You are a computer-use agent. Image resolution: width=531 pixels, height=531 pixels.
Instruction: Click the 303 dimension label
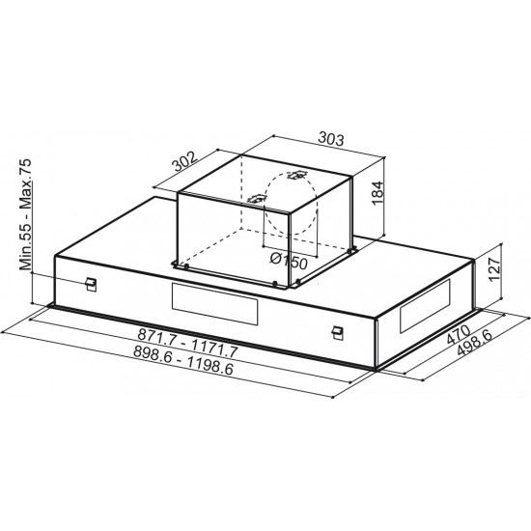331,138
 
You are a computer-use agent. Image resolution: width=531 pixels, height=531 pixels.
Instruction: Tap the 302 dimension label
185,161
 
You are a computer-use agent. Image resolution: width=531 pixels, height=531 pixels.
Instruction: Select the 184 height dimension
377,193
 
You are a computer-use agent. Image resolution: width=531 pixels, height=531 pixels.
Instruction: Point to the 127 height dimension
494,269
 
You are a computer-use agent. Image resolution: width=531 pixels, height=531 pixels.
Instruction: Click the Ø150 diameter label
289,261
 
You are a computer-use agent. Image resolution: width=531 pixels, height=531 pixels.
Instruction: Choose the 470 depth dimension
459,334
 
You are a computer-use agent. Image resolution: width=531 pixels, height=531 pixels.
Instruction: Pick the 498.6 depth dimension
475,343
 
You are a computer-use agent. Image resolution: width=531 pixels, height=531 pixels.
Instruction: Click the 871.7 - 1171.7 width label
187,343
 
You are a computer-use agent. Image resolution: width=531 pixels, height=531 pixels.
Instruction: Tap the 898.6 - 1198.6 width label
183,360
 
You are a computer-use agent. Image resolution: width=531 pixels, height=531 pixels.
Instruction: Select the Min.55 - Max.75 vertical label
25,214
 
